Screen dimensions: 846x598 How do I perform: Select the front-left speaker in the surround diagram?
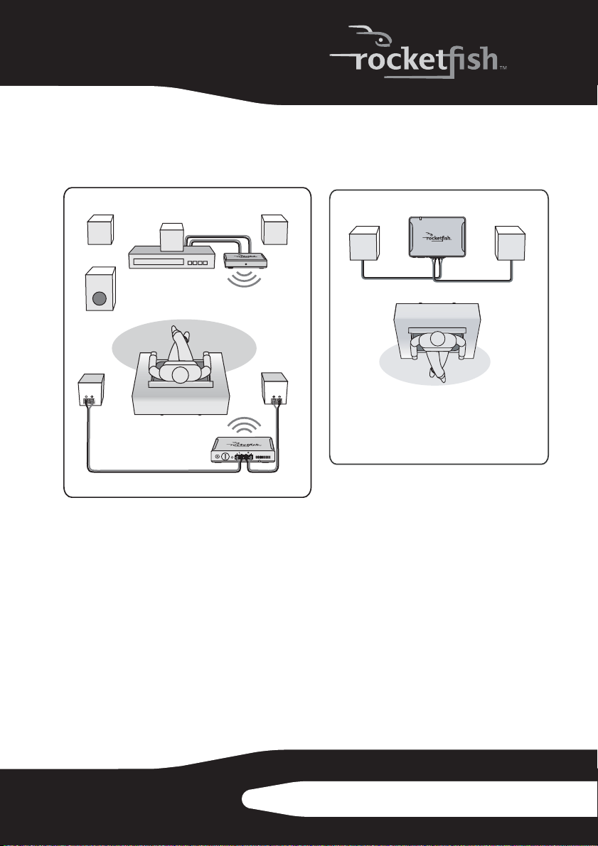point(100,230)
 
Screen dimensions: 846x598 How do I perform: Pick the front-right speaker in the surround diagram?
point(274,229)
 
